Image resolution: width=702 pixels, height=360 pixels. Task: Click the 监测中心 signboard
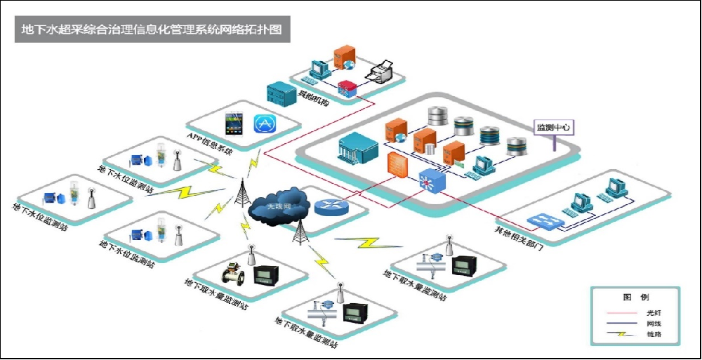pyautogui.click(x=553, y=128)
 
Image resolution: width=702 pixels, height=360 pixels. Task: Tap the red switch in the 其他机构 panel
pyautogui.click(x=347, y=88)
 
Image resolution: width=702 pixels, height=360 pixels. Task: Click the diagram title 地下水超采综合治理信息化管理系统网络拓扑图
pyautogui.click(x=152, y=31)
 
